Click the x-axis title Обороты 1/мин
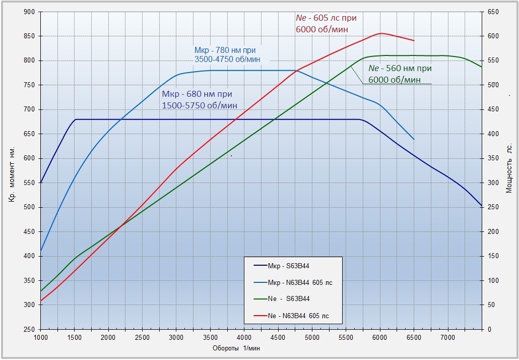coord(236,348)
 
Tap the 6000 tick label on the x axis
coord(380,337)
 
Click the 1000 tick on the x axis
coord(40,337)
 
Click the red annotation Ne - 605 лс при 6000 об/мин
coord(326,24)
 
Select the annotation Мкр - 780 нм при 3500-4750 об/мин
coord(227,54)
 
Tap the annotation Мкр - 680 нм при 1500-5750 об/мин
coord(200,99)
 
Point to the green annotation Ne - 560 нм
coord(400,74)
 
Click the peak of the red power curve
coord(380,33)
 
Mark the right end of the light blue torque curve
coord(414,139)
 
